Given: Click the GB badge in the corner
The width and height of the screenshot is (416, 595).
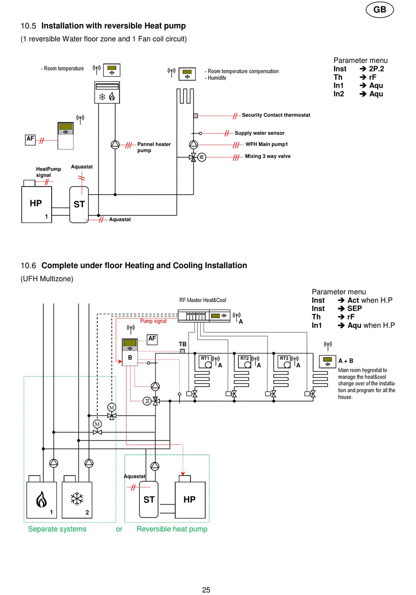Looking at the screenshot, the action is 380,10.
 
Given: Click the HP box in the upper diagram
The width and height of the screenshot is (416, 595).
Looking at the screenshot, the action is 36,204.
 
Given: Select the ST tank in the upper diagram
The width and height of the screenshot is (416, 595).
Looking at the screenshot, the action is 79,204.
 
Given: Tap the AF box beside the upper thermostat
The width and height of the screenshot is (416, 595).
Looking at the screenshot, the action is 30,140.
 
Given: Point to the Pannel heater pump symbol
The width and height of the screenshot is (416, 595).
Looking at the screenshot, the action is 115,145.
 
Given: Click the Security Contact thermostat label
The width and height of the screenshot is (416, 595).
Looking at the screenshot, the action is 276,115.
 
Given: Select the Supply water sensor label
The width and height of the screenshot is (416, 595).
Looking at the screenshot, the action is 259,133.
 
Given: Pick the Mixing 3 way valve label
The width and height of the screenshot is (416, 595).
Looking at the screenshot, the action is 268,156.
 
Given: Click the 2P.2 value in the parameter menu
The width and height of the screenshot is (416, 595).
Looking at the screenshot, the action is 377,69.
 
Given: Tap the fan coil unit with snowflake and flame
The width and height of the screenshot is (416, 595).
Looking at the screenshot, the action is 107,92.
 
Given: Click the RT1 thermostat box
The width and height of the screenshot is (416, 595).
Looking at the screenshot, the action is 205,362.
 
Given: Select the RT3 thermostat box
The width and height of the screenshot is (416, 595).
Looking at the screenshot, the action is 284,362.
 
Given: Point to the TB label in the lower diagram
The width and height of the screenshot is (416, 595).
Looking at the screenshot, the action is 183,344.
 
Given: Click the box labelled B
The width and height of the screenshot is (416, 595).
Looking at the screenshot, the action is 130,358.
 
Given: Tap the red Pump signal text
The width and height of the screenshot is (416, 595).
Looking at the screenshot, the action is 153,321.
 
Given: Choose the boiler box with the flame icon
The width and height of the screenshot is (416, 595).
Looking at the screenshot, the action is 42,500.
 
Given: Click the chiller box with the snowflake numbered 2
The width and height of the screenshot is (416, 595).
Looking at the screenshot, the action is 77,500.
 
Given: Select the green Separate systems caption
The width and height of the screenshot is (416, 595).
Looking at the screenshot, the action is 57,529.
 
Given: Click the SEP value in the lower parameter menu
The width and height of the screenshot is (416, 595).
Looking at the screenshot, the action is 354,308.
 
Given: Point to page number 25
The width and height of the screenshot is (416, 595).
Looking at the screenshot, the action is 206,590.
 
